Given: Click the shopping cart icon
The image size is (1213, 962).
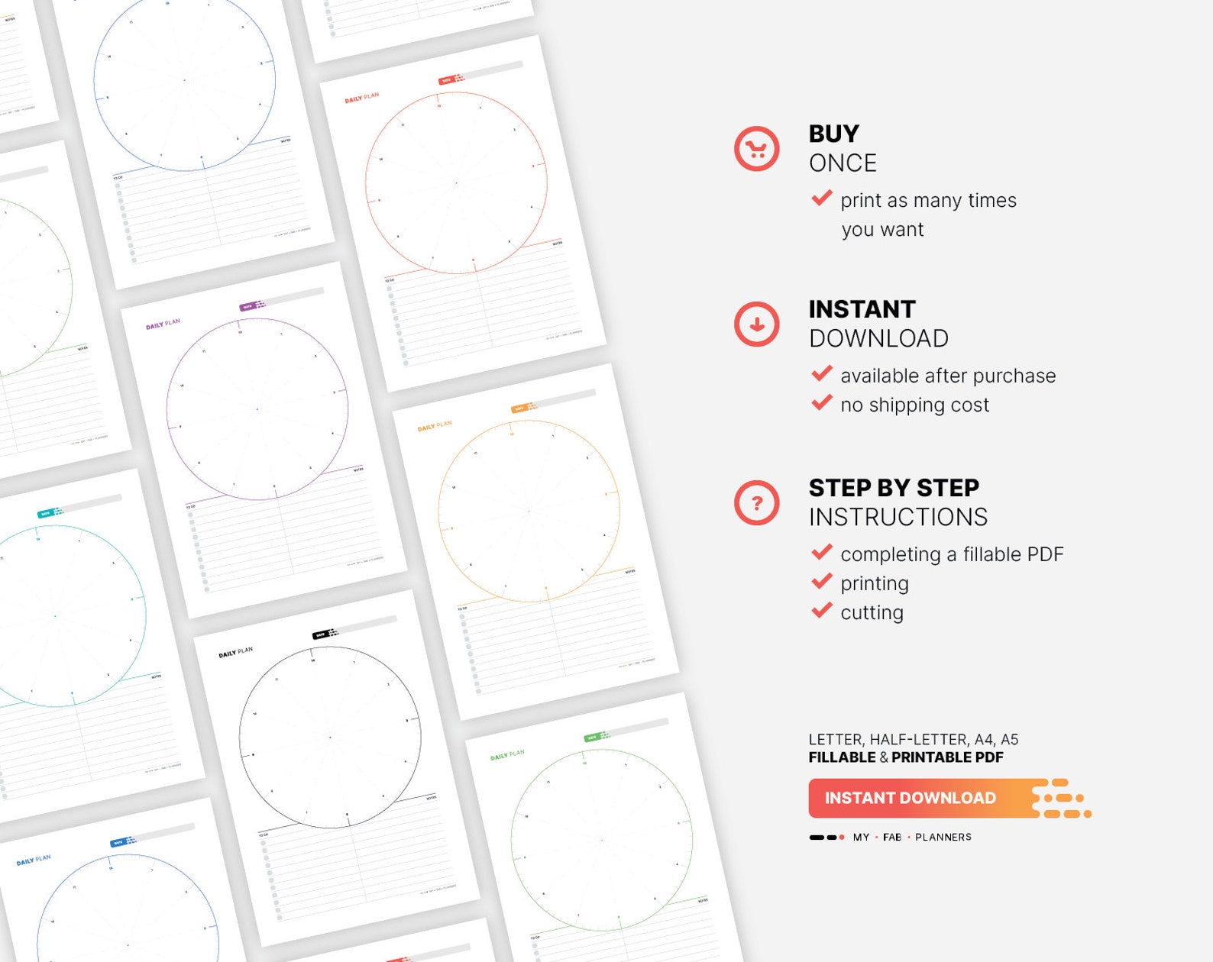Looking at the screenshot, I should pos(756,149).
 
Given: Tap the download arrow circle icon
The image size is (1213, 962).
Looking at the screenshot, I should pos(756,324).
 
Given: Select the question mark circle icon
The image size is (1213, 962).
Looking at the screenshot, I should pos(756,503).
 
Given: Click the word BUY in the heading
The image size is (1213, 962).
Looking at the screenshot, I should pos(833,134).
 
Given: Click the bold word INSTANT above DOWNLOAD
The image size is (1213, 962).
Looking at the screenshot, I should pos(862,309).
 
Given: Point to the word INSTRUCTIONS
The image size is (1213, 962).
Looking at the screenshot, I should pos(898,517).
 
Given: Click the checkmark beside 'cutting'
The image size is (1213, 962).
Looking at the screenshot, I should pos(822,611).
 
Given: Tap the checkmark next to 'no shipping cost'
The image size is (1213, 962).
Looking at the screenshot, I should pos(822,403).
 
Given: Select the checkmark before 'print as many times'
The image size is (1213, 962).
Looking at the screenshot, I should pos(822,199).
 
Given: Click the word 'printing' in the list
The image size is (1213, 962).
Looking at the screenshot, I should pos(874,583).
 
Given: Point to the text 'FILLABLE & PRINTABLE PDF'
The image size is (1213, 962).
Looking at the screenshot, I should pos(905,757).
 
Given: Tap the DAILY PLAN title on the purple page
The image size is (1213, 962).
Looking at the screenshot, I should pos(163,324).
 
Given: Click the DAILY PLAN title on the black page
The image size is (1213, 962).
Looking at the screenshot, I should pos(235,652).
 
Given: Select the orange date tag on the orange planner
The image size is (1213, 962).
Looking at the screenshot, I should pos(520,408).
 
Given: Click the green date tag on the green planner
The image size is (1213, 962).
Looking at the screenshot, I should pos(593,737).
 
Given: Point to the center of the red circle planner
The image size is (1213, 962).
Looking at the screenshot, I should pos(456,182).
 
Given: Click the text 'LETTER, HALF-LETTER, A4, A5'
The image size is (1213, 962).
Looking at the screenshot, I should pos(913,739).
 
